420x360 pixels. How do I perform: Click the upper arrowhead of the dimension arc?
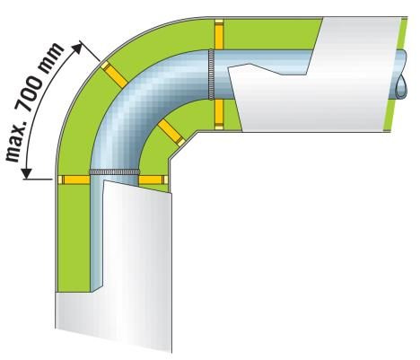(78, 48)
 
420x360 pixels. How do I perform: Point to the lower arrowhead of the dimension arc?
(26, 172)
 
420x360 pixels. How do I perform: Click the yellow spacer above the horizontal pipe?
(219, 34)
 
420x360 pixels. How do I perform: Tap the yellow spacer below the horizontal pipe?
(219, 114)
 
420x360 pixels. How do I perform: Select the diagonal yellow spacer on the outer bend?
(114, 75)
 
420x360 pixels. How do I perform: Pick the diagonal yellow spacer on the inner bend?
(171, 133)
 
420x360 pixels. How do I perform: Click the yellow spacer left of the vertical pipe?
(74, 180)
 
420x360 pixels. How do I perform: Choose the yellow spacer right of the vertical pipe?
(153, 180)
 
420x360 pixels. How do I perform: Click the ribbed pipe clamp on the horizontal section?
(211, 75)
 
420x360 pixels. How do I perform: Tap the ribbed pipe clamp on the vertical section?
(115, 171)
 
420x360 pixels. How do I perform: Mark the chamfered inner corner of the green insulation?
(182, 145)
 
